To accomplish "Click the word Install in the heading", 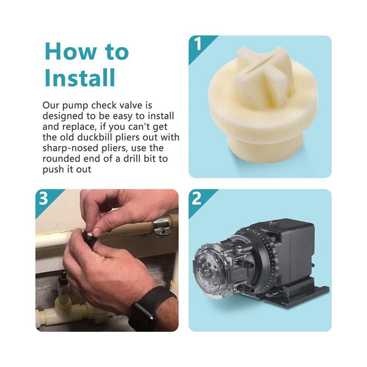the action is (x=80, y=77).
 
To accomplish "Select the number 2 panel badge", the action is (x=197, y=198).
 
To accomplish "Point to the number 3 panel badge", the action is (x=43, y=198).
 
